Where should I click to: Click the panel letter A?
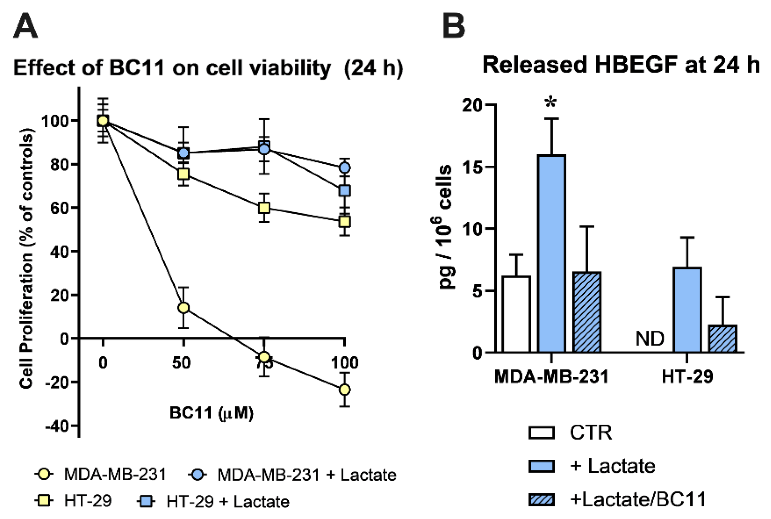click(26, 27)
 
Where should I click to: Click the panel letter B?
click(454, 27)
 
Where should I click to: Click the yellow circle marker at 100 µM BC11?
click(345, 389)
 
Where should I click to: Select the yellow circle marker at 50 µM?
click(183, 308)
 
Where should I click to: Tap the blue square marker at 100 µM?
click(345, 191)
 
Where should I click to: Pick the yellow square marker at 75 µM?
click(264, 208)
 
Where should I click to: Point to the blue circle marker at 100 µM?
click(345, 168)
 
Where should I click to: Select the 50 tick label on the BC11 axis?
click(181, 363)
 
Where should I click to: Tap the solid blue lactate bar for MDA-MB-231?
click(552, 254)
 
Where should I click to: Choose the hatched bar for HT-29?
click(722, 339)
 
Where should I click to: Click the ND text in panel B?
click(649, 339)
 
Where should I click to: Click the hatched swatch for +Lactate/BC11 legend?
click(541, 500)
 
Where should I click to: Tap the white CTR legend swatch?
click(541, 433)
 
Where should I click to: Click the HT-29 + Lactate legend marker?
click(146, 501)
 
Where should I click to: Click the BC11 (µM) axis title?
click(211, 413)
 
